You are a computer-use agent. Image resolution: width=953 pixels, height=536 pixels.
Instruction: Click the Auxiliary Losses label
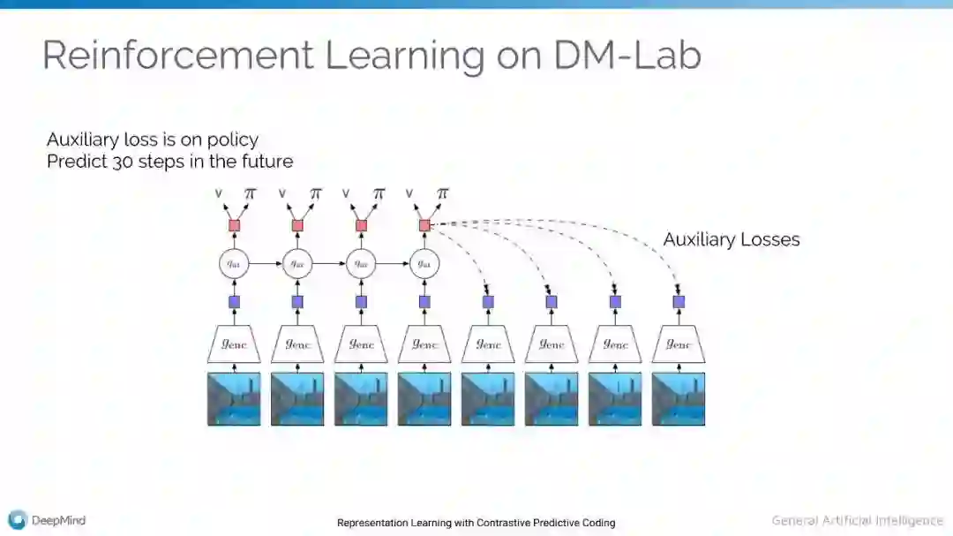tap(731, 239)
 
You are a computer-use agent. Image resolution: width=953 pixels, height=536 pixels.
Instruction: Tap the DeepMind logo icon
tap(16, 520)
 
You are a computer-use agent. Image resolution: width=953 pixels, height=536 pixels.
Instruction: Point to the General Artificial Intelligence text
tap(857, 520)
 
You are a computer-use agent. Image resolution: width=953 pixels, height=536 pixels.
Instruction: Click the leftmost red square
tap(235, 225)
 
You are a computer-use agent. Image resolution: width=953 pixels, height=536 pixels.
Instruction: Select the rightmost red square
tap(424, 225)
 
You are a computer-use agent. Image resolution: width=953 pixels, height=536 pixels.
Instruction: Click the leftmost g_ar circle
tap(235, 263)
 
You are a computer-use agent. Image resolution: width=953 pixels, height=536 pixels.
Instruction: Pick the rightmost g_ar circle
tap(424, 263)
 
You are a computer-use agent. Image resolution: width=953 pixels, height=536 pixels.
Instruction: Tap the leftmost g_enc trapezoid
tap(235, 343)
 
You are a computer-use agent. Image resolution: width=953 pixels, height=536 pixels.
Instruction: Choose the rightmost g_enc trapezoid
tap(679, 343)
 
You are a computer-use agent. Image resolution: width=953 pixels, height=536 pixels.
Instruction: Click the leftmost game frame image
tap(235, 398)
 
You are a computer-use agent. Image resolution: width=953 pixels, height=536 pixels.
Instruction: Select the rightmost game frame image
tap(679, 398)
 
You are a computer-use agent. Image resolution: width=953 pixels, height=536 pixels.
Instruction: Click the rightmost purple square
tap(679, 302)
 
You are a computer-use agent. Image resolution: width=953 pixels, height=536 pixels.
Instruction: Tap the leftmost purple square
tap(235, 302)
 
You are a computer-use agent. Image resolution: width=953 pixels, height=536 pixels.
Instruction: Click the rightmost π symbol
tap(442, 193)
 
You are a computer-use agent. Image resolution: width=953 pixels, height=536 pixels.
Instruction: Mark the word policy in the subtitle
tap(235, 140)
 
